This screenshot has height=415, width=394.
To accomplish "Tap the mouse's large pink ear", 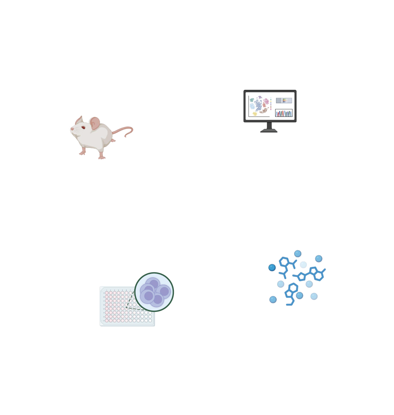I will tap(95, 123).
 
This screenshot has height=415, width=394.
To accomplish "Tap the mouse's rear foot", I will tap(102, 157).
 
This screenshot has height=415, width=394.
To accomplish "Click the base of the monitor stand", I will tap(269, 131).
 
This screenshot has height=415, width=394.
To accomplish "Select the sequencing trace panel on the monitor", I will tap(284, 113).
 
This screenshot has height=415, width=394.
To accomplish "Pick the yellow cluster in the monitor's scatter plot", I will tap(255, 114).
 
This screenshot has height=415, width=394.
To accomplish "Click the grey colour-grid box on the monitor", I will tap(284, 100).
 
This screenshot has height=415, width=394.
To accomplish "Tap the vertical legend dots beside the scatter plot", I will tap(271, 103).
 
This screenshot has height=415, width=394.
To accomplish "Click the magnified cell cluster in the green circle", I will tap(154, 292).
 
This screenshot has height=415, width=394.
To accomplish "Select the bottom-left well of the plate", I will tap(107, 320).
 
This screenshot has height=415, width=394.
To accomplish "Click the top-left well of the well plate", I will tap(107, 293).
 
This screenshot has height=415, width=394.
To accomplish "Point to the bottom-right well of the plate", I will tap(150, 320).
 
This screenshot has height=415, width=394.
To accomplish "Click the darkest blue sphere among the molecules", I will tap(272, 268).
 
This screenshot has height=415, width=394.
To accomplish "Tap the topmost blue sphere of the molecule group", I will tap(298, 253).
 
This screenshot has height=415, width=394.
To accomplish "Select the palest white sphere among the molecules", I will tap(303, 264).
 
